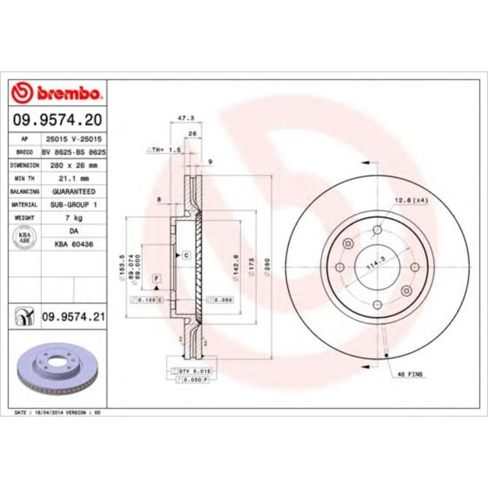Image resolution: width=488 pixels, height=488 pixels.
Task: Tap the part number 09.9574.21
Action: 73,318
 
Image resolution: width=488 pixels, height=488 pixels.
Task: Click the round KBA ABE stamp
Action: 24,236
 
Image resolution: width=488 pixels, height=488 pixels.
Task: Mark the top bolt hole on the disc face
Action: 377,230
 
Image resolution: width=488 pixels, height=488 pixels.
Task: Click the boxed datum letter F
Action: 157,278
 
